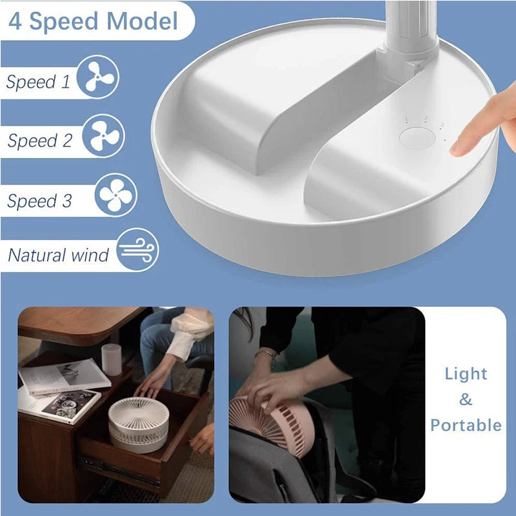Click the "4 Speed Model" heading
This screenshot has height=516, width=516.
(x=93, y=21)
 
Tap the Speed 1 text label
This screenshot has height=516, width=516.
(x=38, y=82)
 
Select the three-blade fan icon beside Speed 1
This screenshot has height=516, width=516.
(x=98, y=77)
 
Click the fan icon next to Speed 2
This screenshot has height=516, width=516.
(x=103, y=136)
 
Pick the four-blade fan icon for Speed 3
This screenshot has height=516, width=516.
(x=116, y=195)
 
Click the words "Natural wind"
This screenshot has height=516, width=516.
(x=58, y=255)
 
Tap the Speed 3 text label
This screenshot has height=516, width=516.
(x=39, y=201)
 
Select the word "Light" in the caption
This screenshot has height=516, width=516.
(x=466, y=374)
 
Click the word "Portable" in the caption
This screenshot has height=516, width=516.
(x=466, y=425)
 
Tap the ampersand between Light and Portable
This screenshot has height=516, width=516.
(x=466, y=400)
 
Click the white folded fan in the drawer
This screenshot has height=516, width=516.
(x=138, y=422)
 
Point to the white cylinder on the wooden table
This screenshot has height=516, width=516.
(x=112, y=359)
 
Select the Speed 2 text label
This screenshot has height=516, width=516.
(x=39, y=141)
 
